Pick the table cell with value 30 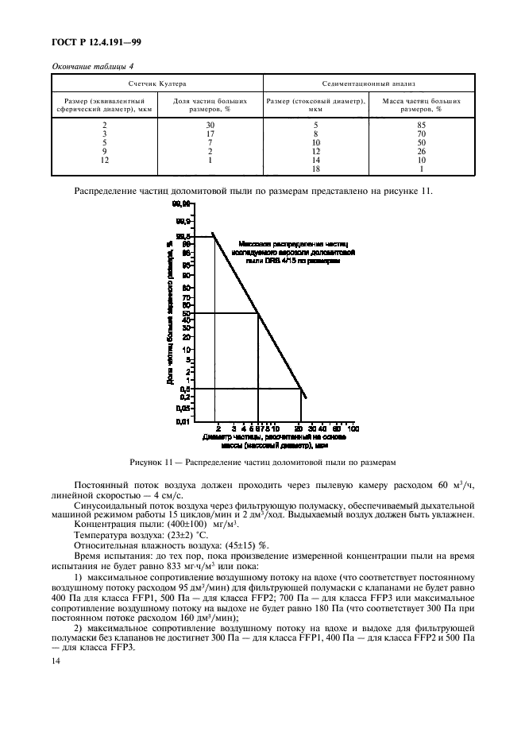click(x=210, y=125)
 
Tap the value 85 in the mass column click(x=422, y=125)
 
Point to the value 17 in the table click(x=210, y=134)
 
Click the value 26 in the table click(x=422, y=151)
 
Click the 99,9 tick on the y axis click(x=182, y=221)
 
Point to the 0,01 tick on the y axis click(x=182, y=420)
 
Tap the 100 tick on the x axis click(x=353, y=428)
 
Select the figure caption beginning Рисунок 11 click(x=262, y=463)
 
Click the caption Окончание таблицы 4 click(x=92, y=66)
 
